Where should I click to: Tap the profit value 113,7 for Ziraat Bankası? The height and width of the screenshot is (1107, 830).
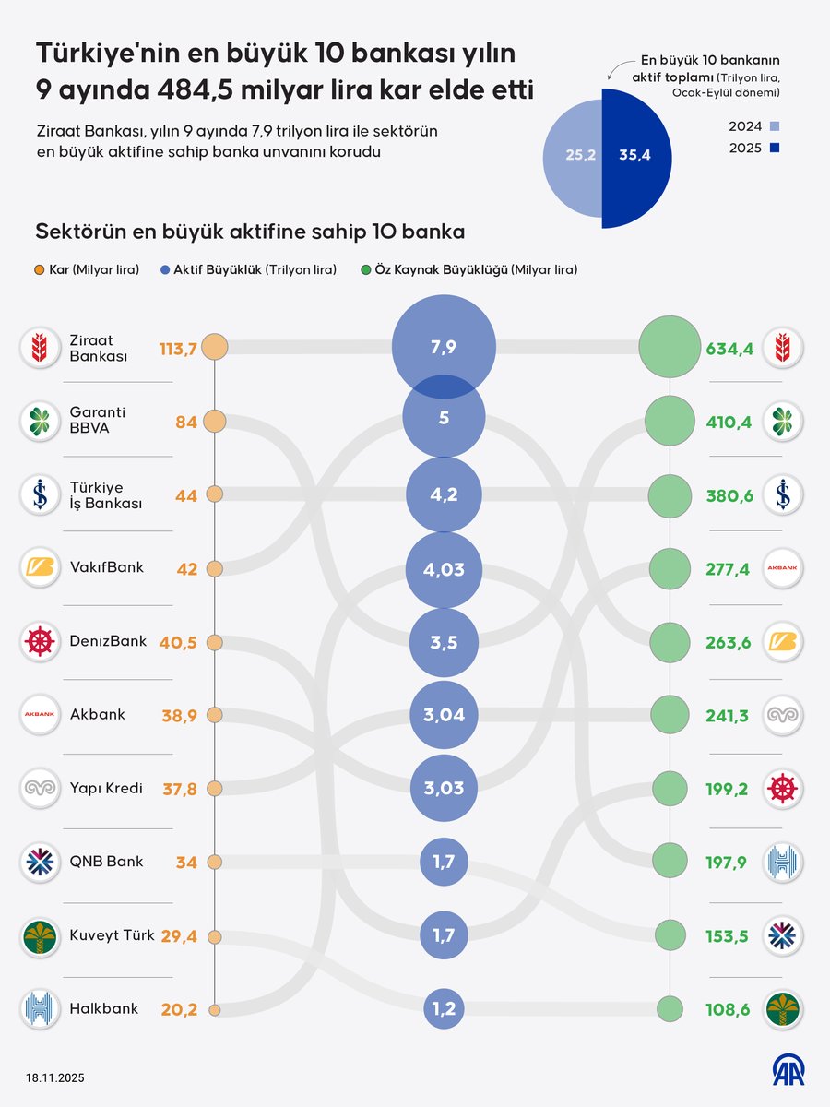[x=178, y=347]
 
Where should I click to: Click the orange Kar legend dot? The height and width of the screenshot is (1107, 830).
[x=39, y=270]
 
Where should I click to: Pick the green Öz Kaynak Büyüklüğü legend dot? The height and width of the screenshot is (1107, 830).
[x=366, y=270]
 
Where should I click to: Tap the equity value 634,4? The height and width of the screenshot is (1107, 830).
[x=729, y=348]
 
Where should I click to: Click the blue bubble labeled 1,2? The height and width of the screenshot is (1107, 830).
[x=444, y=1009]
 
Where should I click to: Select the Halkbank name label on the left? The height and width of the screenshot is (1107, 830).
[x=103, y=1009]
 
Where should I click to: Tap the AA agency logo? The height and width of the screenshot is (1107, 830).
[x=788, y=1070]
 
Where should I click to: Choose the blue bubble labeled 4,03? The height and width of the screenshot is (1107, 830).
[x=444, y=569]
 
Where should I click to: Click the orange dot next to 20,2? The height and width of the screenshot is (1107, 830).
[x=214, y=1010]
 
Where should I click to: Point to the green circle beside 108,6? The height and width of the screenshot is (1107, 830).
[x=670, y=1009]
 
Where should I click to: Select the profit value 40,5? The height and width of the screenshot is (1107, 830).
[x=177, y=642]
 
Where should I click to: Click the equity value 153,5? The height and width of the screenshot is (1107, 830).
[x=729, y=935]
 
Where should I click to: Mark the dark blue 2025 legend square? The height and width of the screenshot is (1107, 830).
[x=775, y=148]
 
